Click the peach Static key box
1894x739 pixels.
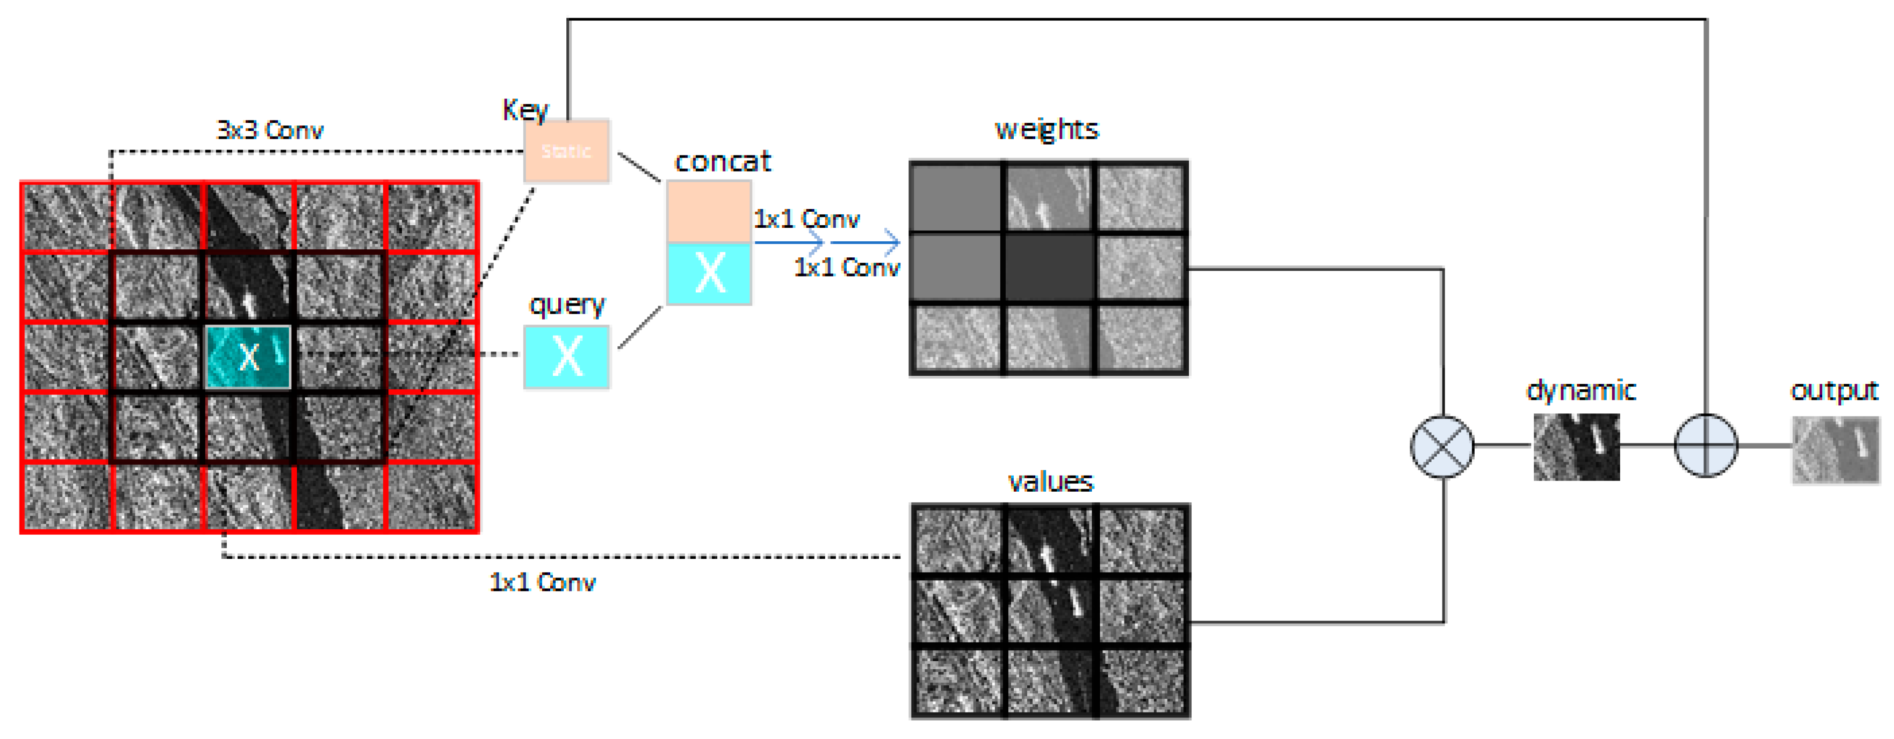coord(566,151)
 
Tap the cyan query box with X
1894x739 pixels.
coord(566,357)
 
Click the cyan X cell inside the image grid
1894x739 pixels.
coord(248,357)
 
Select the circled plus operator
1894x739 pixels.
coord(1706,445)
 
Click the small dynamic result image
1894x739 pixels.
coord(1575,447)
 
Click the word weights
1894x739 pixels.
coord(1046,129)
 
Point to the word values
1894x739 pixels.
coord(1050,482)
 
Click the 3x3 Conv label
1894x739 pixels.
coord(270,130)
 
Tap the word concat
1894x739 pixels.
coord(723,162)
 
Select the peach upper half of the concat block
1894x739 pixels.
coord(709,211)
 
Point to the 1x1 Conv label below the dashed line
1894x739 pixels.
coord(543,582)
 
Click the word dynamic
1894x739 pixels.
coord(1581,390)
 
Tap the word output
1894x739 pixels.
coord(1834,390)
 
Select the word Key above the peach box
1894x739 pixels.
coord(525,109)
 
